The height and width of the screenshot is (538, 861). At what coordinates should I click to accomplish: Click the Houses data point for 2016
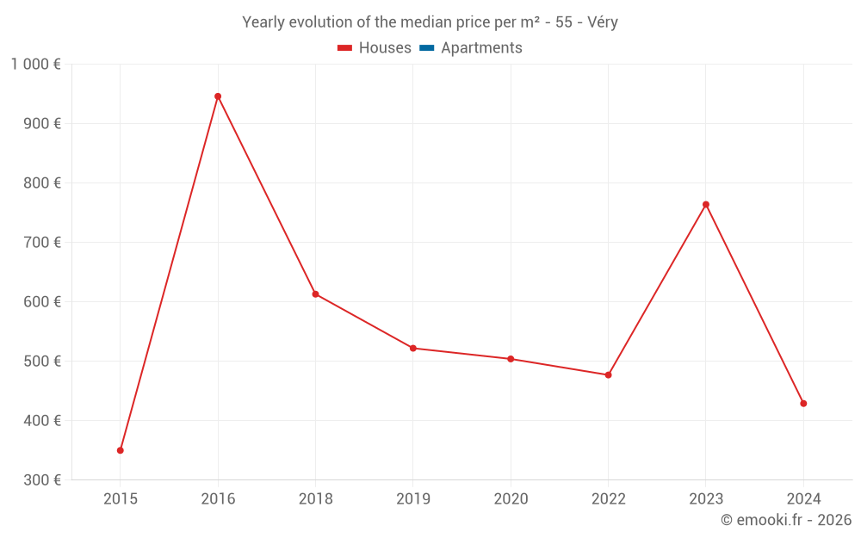218,96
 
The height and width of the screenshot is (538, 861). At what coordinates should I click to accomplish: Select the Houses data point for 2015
121,450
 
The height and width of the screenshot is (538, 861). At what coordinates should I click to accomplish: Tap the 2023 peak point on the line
706,205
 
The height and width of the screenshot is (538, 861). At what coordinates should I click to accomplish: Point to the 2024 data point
803,404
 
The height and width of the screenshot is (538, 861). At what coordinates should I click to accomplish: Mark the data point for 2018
315,294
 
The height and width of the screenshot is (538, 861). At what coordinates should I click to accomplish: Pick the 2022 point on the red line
608,375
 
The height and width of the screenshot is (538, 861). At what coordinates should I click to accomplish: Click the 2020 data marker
511,359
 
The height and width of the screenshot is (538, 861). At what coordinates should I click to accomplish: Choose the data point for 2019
413,349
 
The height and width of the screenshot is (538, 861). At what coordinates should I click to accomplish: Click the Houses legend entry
375,48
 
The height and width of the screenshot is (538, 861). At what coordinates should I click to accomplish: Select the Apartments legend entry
471,48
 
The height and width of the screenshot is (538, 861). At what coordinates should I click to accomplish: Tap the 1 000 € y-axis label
35,65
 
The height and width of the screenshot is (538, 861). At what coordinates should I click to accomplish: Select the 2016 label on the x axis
218,499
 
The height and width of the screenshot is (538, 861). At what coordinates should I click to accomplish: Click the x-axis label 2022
608,499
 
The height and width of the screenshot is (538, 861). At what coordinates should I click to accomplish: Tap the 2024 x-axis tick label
803,499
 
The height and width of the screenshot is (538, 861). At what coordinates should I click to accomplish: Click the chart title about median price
430,22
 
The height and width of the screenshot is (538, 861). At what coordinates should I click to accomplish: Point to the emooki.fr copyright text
785,520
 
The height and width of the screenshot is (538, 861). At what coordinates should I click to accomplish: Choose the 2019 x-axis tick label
413,499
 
